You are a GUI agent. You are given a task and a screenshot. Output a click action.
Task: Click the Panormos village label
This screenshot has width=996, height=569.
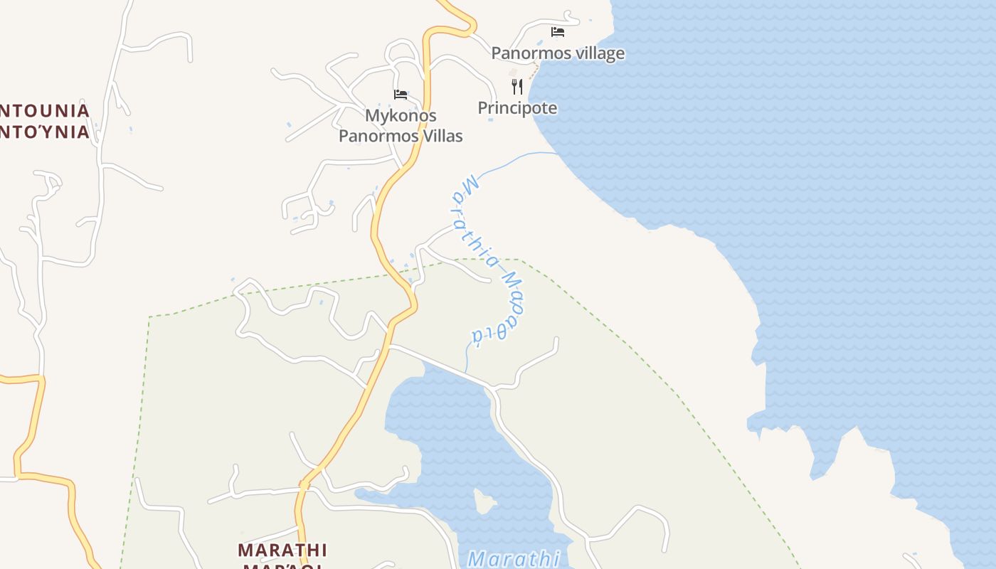point(558,53)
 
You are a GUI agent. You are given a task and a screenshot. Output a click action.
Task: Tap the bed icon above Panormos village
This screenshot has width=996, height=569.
point(558,32)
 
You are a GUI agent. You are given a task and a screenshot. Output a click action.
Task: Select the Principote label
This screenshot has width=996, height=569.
point(517,108)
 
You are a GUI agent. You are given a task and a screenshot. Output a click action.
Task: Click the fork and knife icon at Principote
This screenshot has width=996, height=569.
point(517,87)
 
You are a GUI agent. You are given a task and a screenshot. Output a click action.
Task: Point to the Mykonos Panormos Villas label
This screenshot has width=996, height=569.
point(401,126)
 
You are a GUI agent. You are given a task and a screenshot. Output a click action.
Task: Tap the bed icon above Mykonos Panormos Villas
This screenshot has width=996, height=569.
point(401,95)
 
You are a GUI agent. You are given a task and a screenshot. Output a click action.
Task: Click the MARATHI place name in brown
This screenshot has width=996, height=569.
point(282,550)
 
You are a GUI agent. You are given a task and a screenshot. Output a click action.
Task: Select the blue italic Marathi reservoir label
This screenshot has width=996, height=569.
point(514,558)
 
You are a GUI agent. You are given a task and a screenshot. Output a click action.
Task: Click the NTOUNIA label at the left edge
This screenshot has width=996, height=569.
point(45,111)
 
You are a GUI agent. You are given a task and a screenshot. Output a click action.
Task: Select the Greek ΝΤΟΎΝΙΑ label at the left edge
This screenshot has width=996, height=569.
point(45,132)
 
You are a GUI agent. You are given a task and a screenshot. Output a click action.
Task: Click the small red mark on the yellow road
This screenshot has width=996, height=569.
point(304,486)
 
